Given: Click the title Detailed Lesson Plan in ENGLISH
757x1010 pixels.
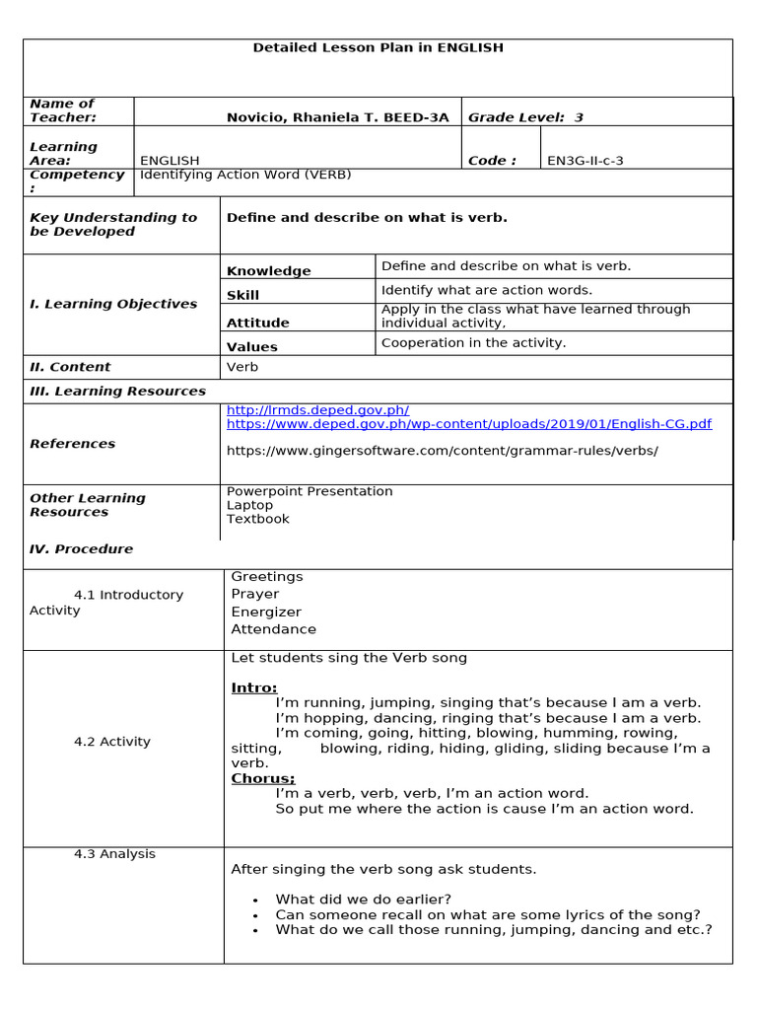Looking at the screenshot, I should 378,47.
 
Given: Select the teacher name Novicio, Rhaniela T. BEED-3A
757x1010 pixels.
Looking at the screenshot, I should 337,117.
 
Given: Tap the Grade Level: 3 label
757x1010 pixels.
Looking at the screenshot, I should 525,117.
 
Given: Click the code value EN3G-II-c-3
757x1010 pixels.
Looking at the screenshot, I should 585,161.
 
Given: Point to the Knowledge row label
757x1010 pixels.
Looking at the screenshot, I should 268,271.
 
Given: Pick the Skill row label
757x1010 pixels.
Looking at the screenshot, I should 243,295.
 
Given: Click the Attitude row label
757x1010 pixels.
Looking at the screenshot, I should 258,323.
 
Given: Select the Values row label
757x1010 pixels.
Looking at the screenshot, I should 252,347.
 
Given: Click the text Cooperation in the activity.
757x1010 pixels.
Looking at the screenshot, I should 473,343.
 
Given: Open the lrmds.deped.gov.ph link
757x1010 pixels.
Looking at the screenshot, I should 317,410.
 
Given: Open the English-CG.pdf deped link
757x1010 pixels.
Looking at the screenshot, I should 468,424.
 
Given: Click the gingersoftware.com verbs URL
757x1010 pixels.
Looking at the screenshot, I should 442,451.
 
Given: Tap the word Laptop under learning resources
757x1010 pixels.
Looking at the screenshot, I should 250,505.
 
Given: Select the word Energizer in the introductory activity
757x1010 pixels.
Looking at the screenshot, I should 266,612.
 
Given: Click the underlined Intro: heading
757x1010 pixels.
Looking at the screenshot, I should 254,687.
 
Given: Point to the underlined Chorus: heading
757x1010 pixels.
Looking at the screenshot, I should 263,778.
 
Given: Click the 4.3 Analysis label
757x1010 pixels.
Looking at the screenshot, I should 114,854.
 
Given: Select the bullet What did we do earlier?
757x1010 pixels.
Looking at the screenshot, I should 363,899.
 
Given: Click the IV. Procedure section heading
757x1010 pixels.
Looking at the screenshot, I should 81,549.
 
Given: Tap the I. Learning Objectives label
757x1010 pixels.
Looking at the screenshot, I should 113,304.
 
